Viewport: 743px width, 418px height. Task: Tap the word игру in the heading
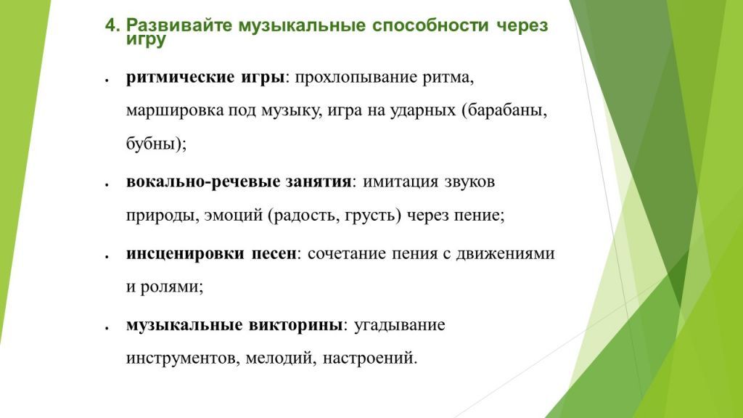pyautogui.click(x=146, y=41)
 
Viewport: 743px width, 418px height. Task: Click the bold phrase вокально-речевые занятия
pyautogui.click(x=239, y=181)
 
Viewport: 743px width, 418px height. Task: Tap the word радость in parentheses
pyautogui.click(x=305, y=216)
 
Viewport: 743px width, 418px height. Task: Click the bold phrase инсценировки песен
pyautogui.click(x=212, y=253)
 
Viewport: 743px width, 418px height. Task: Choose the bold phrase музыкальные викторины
pyautogui.click(x=234, y=324)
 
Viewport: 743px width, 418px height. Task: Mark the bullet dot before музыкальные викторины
pyautogui.click(x=107, y=328)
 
